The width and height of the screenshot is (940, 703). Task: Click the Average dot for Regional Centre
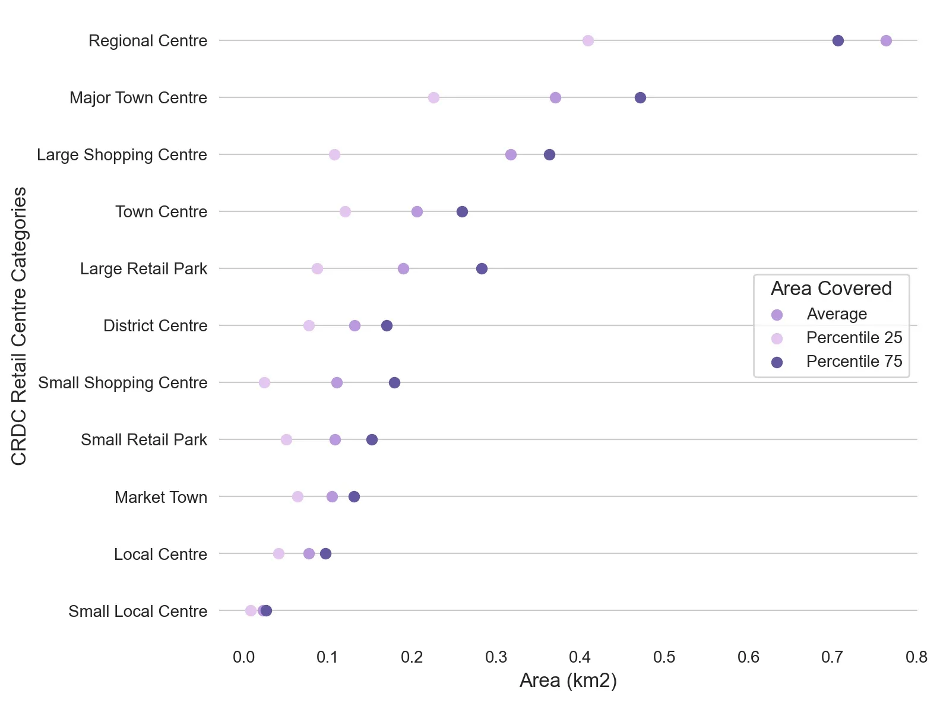[885, 40]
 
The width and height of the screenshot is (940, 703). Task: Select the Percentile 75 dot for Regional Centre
[837, 40]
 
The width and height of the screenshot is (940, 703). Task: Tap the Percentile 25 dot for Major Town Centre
[433, 97]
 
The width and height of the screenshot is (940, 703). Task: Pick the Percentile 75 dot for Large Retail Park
[482, 268]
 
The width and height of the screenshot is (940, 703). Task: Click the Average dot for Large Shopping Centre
[511, 154]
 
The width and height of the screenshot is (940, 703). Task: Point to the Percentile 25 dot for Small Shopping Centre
[264, 382]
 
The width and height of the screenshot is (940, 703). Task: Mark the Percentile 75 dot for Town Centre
[462, 211]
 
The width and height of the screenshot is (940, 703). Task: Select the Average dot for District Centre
[355, 325]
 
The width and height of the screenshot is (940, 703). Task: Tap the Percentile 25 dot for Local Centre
[278, 553]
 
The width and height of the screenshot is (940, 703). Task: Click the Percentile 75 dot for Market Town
[354, 496]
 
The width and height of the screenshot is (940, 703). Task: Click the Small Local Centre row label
[138, 611]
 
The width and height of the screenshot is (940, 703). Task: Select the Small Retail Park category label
[144, 440]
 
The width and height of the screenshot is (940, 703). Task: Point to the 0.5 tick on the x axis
[664, 657]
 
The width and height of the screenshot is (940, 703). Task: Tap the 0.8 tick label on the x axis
[916, 657]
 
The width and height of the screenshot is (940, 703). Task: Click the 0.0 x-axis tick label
[243, 657]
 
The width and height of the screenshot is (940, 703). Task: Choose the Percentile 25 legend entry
[854, 338]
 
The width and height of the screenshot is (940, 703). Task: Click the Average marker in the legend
[777, 315]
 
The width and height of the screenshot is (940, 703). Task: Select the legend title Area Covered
[831, 289]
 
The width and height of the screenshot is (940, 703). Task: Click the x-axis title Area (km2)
[568, 680]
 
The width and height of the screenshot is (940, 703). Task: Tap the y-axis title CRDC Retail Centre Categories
[19, 325]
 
